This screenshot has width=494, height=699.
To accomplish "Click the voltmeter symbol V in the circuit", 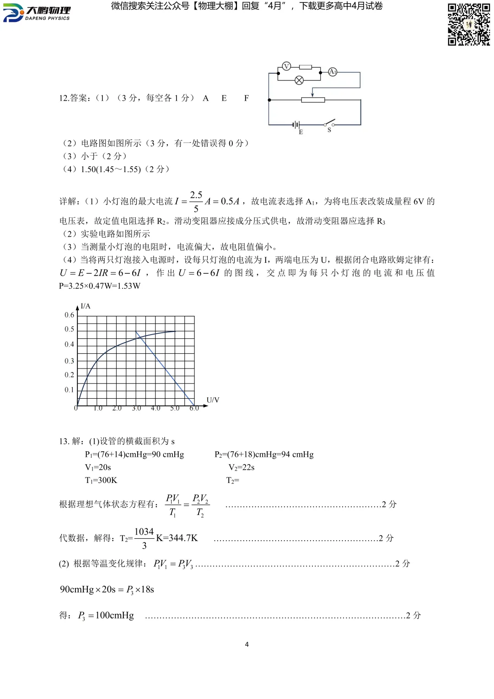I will coord(286,66).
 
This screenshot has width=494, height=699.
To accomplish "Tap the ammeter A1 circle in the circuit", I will coord(333,72).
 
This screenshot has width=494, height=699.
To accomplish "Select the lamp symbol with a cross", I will coord(299,81).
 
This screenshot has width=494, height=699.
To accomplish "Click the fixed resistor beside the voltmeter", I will coord(305,67).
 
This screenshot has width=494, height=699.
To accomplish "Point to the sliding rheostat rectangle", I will coord(313,100).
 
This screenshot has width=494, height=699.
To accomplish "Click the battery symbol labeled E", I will coord(296,125).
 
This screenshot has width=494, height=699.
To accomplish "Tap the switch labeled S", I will coord(329,124).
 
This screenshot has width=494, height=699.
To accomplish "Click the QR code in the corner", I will coord(468,24).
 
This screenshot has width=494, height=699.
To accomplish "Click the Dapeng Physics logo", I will coord(37,13).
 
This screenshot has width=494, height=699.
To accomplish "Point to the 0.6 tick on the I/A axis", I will coord(69,315).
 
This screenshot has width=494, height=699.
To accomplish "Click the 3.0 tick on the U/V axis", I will coord(136,408).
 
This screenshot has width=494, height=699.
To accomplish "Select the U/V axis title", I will coord(213,400).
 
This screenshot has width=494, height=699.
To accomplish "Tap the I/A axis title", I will coord(86,306).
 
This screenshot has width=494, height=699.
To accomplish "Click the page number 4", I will coord(247,645).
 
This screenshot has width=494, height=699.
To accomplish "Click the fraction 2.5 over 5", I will coord(196,201).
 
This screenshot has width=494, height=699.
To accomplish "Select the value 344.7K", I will coord(177,538).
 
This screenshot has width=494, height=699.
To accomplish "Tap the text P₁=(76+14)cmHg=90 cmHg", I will coord(134,455).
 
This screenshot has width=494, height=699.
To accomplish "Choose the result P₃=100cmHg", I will coord(106,616).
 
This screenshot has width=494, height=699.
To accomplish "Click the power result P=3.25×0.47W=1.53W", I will coord(100,286).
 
